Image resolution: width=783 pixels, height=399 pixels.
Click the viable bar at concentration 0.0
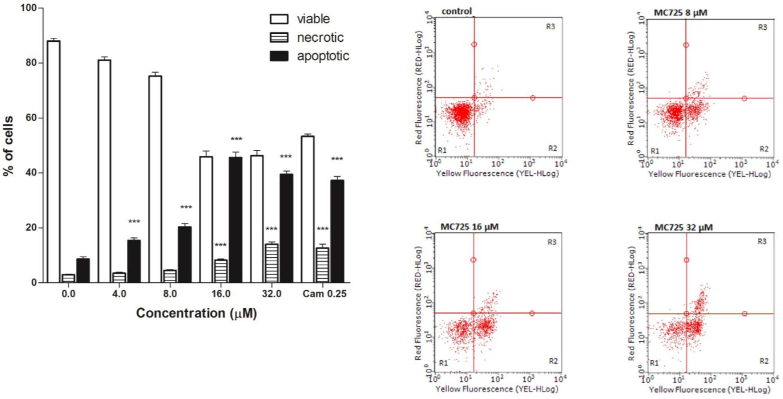(53, 161)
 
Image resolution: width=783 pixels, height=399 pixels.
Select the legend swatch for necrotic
(279, 37)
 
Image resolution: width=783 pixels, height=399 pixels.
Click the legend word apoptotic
(323, 56)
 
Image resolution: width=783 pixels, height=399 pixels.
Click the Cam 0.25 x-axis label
(325, 294)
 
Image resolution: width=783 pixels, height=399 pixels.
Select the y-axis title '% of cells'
(9, 146)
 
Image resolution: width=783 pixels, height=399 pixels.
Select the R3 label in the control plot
(550, 27)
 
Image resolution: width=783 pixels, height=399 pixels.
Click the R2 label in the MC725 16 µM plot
(553, 361)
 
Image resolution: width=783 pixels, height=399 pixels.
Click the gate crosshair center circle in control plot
(474, 98)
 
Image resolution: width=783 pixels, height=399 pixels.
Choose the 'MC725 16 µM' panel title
(470, 227)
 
